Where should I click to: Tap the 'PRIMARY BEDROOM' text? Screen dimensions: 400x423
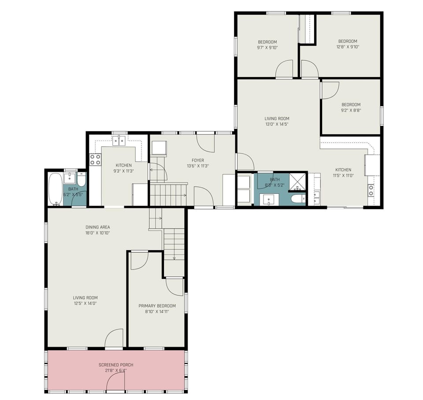coord(157,306)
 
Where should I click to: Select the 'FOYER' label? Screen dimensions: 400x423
coord(197,160)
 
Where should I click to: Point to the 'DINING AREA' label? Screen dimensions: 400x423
coord(98,227)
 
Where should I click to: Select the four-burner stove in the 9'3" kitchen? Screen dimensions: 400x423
coord(95,159)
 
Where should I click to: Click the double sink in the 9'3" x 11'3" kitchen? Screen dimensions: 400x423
coord(119,141)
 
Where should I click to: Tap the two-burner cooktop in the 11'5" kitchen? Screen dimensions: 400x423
coord(371,190)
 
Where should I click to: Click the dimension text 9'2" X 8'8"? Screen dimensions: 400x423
coord(351,111)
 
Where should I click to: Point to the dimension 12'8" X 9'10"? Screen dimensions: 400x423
coord(349,46)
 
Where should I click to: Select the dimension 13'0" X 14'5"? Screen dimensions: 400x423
coord(277,124)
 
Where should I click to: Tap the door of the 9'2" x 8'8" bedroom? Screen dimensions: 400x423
coord(330,89)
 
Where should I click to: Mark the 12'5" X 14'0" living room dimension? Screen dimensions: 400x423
coord(85,303)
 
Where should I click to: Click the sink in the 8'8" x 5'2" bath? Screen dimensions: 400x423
coord(270,200)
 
